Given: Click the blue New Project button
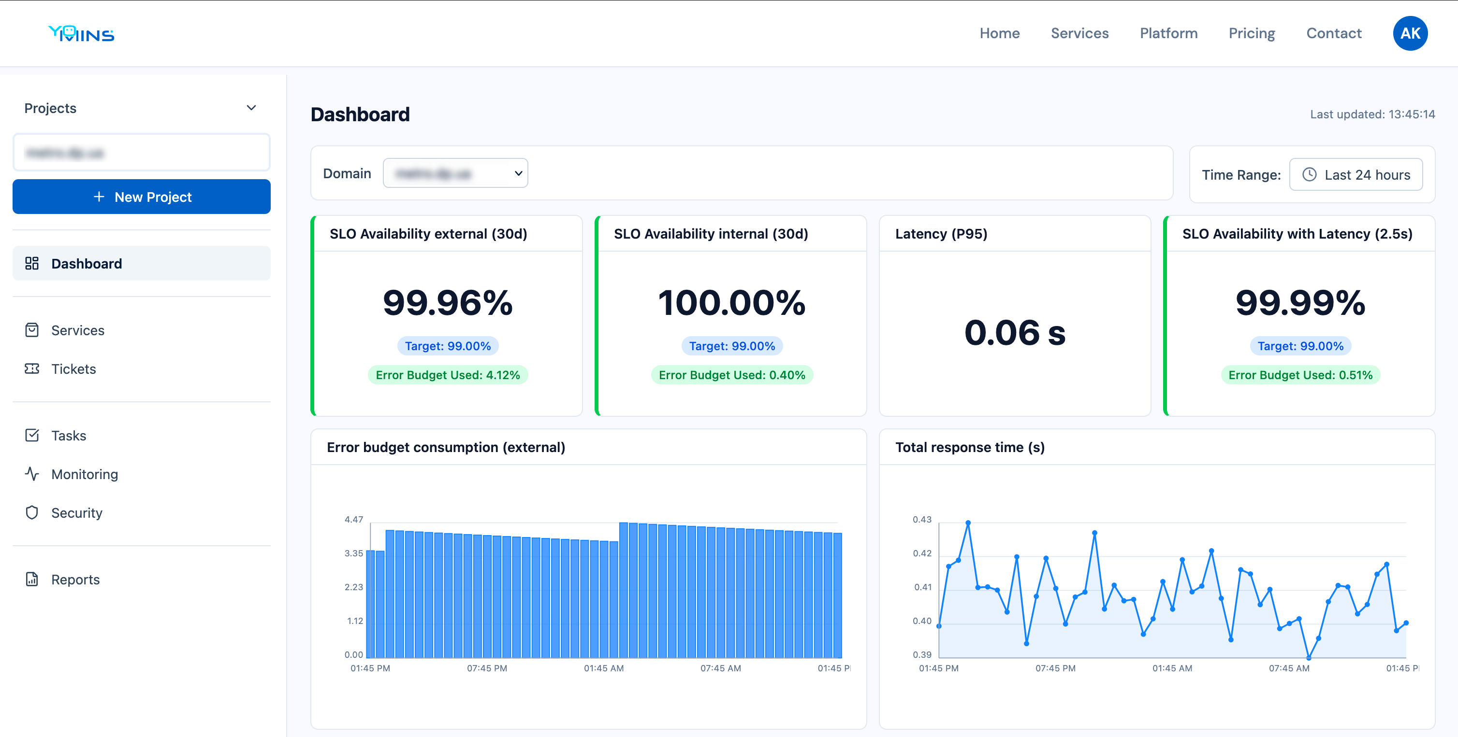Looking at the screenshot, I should [x=142, y=197].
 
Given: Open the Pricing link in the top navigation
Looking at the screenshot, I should [x=1252, y=33].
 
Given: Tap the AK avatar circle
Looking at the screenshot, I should [x=1410, y=33].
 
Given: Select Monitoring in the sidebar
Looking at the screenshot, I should [x=84, y=474].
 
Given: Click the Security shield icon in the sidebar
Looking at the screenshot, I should [x=32, y=512].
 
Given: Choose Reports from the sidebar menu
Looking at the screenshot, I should [x=75, y=579].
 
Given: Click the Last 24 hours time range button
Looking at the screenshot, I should [x=1356, y=175].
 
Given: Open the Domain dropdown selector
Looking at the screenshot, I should [x=455, y=173].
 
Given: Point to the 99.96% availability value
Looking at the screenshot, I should [x=448, y=303].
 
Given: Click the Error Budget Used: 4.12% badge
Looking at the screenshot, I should [x=448, y=375].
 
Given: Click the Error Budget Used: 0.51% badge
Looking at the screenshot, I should [x=1300, y=375].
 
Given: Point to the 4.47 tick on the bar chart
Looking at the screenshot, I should [x=354, y=519].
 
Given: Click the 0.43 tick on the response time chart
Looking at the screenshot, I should [x=921, y=519].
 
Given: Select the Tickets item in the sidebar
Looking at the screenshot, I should [x=73, y=369].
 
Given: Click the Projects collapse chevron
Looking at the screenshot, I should [x=251, y=108].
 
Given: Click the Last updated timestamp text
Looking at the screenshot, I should [x=1372, y=114].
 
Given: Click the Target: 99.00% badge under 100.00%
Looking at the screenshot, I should [x=732, y=346].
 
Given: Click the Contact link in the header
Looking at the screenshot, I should [x=1333, y=33].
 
